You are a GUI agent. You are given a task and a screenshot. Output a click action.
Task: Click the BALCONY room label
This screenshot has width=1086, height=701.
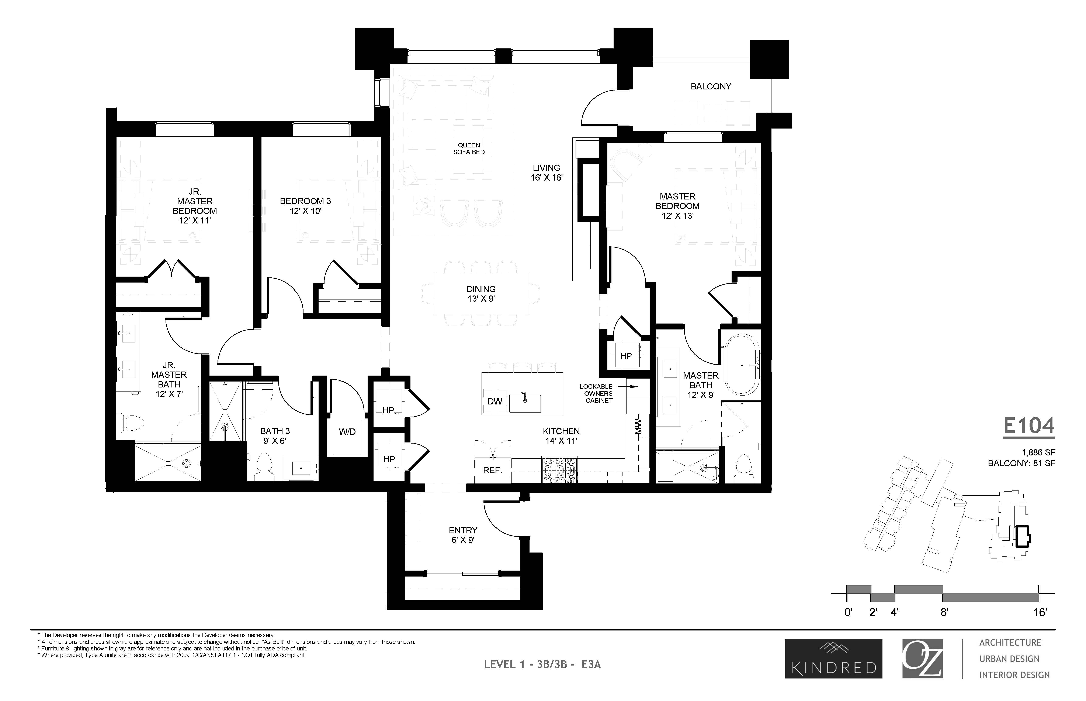(710, 86)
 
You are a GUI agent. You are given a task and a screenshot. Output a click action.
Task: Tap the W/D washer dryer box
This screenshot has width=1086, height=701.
(347, 431)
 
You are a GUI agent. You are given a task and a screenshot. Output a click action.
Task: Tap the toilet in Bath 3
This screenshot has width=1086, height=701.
(264, 465)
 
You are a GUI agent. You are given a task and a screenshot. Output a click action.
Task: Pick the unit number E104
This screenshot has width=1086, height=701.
(1029, 426)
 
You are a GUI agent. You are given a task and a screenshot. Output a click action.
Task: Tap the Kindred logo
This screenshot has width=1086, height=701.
(834, 659)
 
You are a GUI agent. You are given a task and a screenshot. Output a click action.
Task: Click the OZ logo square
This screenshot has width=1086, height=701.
(922, 659)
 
